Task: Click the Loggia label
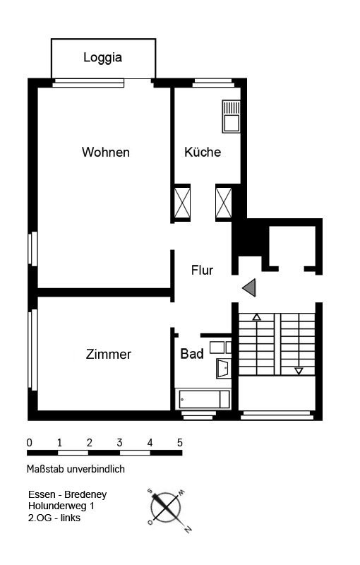coord(102,58)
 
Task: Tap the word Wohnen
coord(105,152)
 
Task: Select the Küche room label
coord(203,152)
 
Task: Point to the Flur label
coord(202,270)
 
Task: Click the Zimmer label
coord(109,355)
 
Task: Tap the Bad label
coord(192,354)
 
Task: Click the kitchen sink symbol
coord(231,117)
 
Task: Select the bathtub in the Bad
coord(203,399)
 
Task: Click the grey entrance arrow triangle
coord(249,287)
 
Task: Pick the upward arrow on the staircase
coord(256,316)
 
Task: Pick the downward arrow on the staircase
coord(299,371)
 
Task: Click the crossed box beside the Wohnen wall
coord(182,203)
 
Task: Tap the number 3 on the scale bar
coord(119,443)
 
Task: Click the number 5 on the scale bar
coord(179,443)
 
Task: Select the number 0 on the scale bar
coord(30,443)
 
